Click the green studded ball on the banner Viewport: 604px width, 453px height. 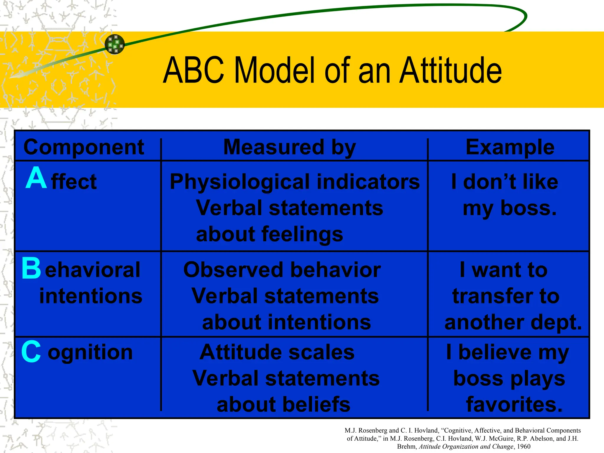[x=115, y=44]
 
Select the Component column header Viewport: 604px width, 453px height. [x=84, y=147]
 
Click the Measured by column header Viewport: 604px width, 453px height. [x=290, y=147]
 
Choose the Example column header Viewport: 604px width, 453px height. [x=510, y=147]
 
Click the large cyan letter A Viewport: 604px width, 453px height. [x=36, y=178]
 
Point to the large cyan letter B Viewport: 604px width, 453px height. [x=31, y=268]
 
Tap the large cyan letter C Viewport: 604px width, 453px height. [x=31, y=352]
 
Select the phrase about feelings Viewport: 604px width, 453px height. [x=270, y=234]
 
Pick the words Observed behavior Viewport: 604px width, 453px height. [x=282, y=270]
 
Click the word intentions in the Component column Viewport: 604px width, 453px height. [x=91, y=296]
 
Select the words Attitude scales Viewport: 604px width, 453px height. [x=277, y=352]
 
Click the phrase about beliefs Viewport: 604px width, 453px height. [x=283, y=404]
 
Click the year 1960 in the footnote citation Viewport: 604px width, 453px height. [x=524, y=447]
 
